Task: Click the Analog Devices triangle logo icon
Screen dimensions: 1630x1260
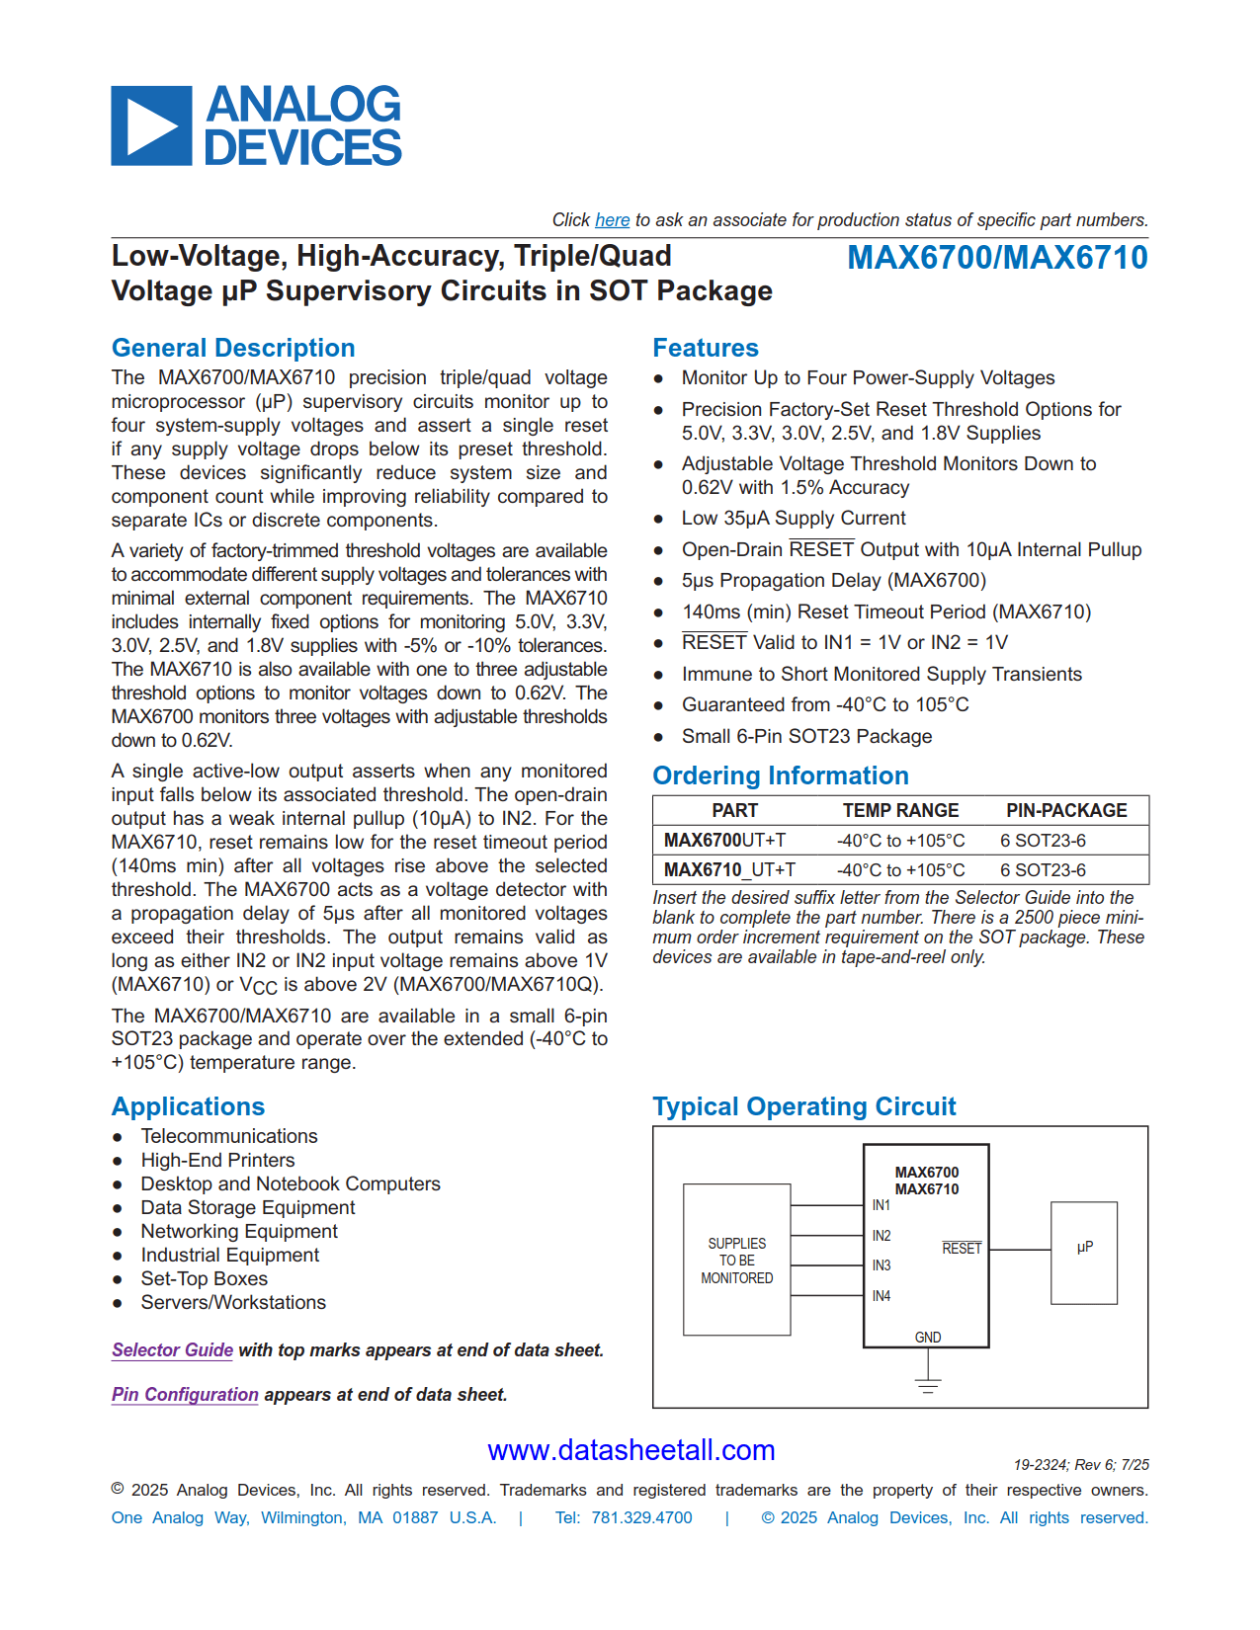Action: (x=151, y=125)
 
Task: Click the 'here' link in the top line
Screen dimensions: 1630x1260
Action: (x=612, y=220)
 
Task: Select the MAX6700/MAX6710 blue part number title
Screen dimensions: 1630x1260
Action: (x=997, y=258)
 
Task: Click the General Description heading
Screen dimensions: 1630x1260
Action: (x=233, y=348)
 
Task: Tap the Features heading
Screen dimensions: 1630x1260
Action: (x=705, y=348)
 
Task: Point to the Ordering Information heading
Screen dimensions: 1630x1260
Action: (x=780, y=775)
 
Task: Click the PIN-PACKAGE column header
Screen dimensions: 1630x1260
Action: (x=1065, y=810)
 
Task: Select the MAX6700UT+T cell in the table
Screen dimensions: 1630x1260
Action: (x=724, y=841)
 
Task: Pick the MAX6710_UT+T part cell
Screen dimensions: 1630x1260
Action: (x=728, y=870)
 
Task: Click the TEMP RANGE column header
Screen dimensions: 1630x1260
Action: (x=899, y=810)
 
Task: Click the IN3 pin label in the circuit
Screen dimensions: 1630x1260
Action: (x=881, y=1265)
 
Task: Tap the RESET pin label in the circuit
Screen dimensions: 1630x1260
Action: (x=961, y=1249)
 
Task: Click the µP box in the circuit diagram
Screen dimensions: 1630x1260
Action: (x=1084, y=1252)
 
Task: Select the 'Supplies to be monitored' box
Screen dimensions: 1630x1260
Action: (x=736, y=1260)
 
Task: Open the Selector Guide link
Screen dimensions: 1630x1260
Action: (x=172, y=1350)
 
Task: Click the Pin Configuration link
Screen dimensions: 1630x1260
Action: (x=185, y=1395)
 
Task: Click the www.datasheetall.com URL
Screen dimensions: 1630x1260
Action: (x=630, y=1450)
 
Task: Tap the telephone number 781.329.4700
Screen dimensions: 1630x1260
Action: (x=641, y=1517)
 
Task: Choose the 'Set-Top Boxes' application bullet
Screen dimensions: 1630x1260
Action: (x=204, y=1278)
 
